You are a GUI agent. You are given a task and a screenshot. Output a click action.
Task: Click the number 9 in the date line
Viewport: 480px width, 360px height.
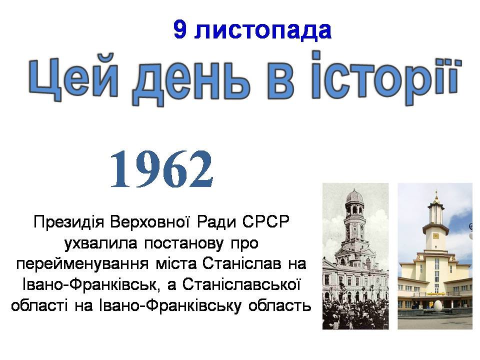pyautogui.click(x=180, y=30)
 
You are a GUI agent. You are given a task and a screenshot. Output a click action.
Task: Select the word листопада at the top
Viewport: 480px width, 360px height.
pyautogui.click(x=263, y=30)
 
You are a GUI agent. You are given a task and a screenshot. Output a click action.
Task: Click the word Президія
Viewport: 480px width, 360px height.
pyautogui.click(x=69, y=222)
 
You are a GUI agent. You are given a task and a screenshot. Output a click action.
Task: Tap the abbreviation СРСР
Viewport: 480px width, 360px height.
pyautogui.click(x=265, y=222)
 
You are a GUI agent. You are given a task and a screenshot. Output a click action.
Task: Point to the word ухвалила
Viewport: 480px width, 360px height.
pyautogui.click(x=100, y=243)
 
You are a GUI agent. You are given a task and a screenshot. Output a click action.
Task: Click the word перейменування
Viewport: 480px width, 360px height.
pyautogui.click(x=82, y=264)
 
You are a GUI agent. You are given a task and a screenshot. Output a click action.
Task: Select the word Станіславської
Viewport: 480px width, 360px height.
pyautogui.click(x=241, y=284)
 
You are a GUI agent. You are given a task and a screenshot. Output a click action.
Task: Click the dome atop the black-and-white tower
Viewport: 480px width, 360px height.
pyautogui.click(x=354, y=196)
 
